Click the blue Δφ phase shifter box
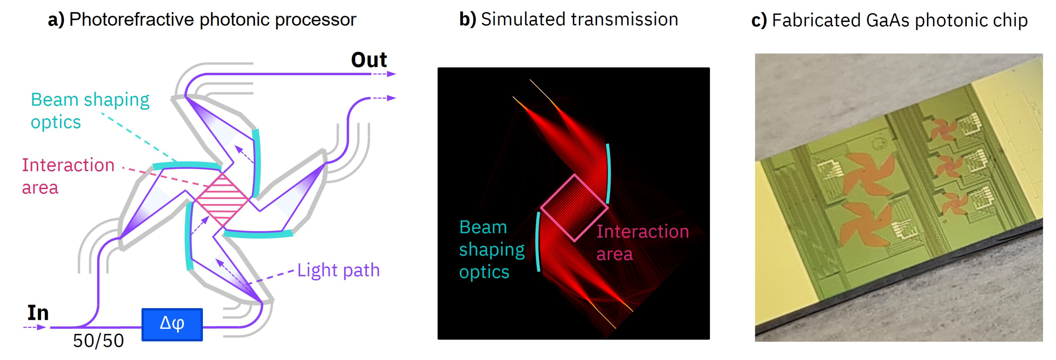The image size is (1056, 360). coord(172,324)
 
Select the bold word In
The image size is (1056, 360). coord(38,313)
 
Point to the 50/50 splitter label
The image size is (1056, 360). coord(98,341)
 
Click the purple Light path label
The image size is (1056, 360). coord(338,270)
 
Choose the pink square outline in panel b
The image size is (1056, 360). coord(574,208)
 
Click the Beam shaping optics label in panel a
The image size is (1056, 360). coord(90,111)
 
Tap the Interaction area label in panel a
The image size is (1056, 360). coord(68,176)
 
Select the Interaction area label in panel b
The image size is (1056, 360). coord(642,242)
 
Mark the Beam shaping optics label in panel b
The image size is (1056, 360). coord(491,249)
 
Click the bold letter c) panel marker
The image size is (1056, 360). coord(759,20)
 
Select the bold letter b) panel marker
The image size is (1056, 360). coord(467,19)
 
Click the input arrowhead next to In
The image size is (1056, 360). coord(41,327)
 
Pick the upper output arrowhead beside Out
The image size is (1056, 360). coord(391,74)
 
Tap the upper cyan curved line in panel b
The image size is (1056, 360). coord(608,173)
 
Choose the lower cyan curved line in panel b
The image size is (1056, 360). coord(538,242)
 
